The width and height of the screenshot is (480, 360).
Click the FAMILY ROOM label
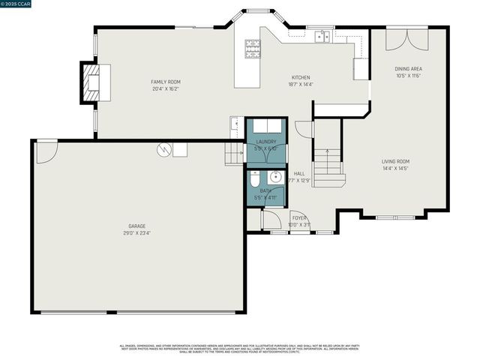coord(165,82)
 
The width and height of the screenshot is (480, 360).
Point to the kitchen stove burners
coord(251,49)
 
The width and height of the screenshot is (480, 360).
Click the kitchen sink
coord(323,35)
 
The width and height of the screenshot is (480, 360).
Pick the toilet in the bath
coord(254,180)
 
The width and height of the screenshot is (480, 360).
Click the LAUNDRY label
coord(266,141)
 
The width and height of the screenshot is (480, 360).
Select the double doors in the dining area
coord(407,40)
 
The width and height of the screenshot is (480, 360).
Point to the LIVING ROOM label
coord(395,161)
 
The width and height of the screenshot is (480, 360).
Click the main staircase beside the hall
coord(328,167)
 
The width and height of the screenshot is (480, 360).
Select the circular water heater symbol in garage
coord(163,150)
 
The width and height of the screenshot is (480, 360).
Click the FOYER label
coord(299,217)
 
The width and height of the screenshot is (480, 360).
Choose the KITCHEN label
coord(301,77)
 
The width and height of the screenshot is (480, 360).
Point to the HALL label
coord(298,173)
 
